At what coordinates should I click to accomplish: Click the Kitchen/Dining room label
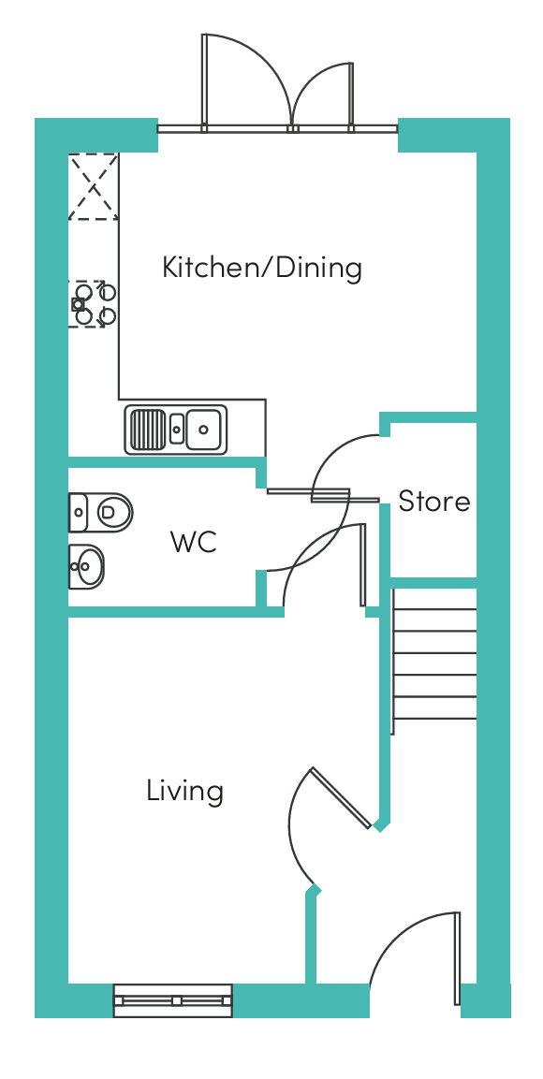[x=261, y=267]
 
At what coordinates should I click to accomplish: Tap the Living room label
[x=184, y=791]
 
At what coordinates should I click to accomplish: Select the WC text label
[x=194, y=542]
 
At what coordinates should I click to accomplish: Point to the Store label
[x=434, y=501]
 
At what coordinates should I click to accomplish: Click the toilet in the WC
[x=100, y=512]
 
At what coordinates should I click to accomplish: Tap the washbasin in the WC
[x=86, y=567]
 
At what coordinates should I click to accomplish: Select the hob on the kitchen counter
[x=93, y=303]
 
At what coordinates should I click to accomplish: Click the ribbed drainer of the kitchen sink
[x=147, y=430]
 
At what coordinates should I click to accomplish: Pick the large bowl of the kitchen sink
[x=203, y=430]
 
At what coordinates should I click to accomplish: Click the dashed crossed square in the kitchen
[x=93, y=186]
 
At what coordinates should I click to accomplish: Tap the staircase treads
[x=434, y=664]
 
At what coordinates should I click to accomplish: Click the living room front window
[x=173, y=1000]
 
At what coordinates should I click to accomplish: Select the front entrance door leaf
[x=456, y=958]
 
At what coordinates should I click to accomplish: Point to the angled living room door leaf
[x=342, y=797]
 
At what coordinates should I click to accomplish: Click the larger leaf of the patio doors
[x=204, y=81]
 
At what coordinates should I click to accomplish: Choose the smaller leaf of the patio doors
[x=351, y=95]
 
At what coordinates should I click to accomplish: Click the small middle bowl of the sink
[x=176, y=430]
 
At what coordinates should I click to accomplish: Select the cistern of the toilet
[x=78, y=512]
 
